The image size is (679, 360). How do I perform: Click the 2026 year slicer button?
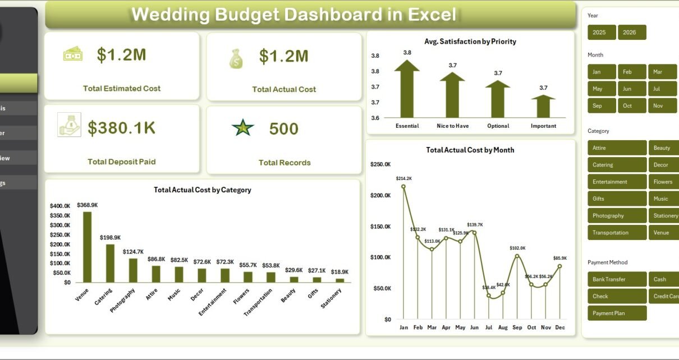pyautogui.click(x=632, y=33)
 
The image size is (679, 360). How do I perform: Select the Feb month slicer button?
pyautogui.click(x=632, y=72)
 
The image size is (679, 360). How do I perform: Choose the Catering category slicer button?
pyautogui.click(x=617, y=165)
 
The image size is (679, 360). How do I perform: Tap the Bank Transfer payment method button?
pyautogui.click(x=617, y=279)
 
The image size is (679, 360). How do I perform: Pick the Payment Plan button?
pyautogui.click(x=617, y=313)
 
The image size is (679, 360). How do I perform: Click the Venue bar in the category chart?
pyautogui.click(x=87, y=247)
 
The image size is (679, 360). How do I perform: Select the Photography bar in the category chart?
pyautogui.click(x=133, y=270)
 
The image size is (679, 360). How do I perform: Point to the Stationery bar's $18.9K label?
pyautogui.click(x=339, y=271)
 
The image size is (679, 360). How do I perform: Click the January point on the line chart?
pyautogui.click(x=403, y=187)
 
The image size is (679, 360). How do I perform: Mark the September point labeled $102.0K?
pyautogui.click(x=517, y=256)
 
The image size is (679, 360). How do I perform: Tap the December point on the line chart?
pyautogui.click(x=559, y=266)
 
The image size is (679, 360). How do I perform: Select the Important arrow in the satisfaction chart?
pyautogui.click(x=543, y=106)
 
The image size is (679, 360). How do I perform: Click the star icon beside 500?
pyautogui.click(x=243, y=128)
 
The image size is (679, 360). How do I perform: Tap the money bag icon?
pyautogui.click(x=236, y=58)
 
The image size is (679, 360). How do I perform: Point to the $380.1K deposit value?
pyautogui.click(x=121, y=128)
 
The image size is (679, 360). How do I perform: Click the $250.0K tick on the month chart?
pyautogui.click(x=380, y=164)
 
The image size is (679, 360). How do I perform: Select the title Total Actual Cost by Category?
pyautogui.click(x=202, y=190)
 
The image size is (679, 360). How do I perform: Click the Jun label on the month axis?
pyautogui.click(x=474, y=327)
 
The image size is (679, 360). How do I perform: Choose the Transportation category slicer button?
pyautogui.click(x=617, y=233)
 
